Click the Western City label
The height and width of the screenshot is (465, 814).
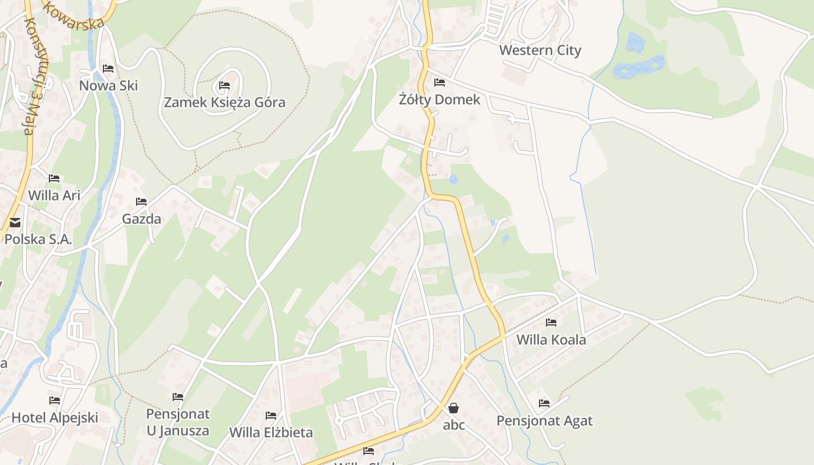tap(540, 51)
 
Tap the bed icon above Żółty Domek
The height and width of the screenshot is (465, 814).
tap(440, 83)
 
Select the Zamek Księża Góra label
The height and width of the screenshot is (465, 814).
tap(224, 103)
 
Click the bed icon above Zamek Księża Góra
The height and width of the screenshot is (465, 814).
tap(224, 86)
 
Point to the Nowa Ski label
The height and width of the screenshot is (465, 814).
tap(109, 86)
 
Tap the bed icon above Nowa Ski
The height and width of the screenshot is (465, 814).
tap(108, 69)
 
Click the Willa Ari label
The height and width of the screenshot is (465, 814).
tap(54, 195)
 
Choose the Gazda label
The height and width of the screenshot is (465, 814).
tap(141, 219)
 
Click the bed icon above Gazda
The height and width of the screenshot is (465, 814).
tap(141, 202)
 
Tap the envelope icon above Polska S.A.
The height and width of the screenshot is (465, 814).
tap(15, 222)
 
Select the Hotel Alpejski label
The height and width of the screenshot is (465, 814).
tap(55, 417)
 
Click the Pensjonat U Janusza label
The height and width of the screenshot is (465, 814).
tap(178, 423)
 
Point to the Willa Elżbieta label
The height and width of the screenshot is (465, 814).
tap(271, 432)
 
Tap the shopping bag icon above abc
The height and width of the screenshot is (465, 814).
tap(454, 408)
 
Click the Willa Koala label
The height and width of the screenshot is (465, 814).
tap(551, 339)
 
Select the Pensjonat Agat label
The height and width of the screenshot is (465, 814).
tap(544, 421)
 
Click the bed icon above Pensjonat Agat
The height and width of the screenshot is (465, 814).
tap(544, 403)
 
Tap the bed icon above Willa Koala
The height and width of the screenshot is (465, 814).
tap(551, 323)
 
